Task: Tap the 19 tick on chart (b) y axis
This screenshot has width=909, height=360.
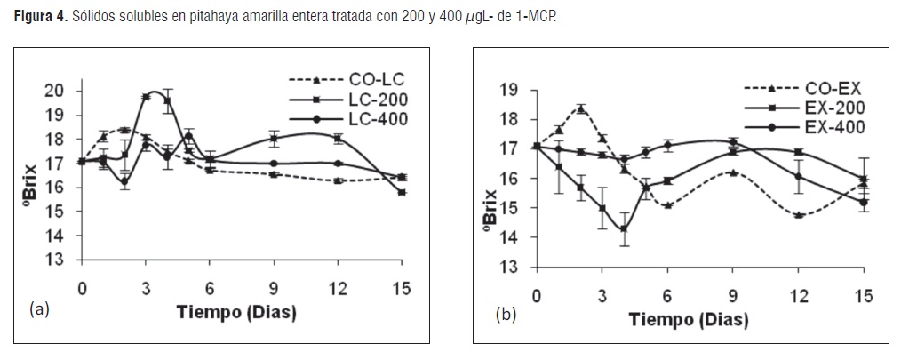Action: [510, 90]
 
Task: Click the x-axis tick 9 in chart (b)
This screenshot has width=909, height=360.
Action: [733, 297]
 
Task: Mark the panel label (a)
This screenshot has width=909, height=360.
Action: [39, 308]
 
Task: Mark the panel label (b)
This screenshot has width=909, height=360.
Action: [506, 316]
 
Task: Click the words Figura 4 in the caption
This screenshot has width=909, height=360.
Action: [38, 16]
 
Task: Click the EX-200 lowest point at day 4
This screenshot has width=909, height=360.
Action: [624, 228]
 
